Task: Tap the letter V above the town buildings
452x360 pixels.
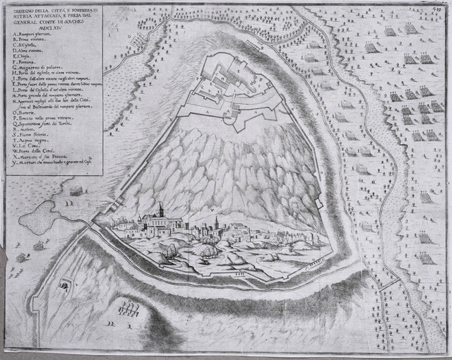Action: click(212, 209)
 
